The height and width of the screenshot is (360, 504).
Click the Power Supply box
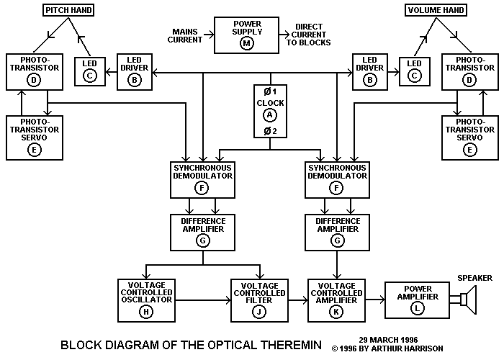pyautogui.click(x=247, y=34)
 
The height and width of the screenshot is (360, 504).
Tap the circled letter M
pyautogui.click(x=247, y=44)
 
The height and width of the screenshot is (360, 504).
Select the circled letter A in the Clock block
pyautogui.click(x=270, y=115)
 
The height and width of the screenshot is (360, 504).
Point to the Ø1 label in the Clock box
pyautogui.click(x=270, y=91)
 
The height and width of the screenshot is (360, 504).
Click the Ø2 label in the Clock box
pyautogui.click(x=270, y=130)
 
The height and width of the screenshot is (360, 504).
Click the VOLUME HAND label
pyautogui.click(x=435, y=11)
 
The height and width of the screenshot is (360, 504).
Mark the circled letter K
pyautogui.click(x=337, y=311)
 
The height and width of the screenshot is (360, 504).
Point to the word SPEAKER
pyautogui.click(x=474, y=276)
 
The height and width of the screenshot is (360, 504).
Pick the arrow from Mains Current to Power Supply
pyautogui.click(x=207, y=34)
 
